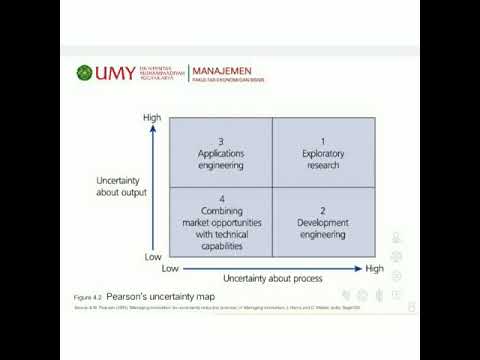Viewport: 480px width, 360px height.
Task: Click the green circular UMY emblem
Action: (84, 73)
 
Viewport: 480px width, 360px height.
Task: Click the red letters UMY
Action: (109, 73)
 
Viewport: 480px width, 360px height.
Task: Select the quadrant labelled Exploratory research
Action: (323, 153)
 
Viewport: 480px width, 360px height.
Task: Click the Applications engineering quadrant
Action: (220, 153)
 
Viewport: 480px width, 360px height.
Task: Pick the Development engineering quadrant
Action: (323, 222)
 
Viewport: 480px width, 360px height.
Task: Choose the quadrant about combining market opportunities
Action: (220, 222)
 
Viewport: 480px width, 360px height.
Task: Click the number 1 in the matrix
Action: (323, 141)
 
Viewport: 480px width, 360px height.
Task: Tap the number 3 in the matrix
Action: (220, 141)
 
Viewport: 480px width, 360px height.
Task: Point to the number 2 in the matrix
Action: (323, 210)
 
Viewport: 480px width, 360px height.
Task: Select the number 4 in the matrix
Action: (220, 198)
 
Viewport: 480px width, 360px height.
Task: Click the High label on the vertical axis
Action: (152, 118)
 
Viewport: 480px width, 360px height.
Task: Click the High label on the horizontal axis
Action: (375, 268)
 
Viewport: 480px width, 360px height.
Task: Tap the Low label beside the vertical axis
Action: (153, 257)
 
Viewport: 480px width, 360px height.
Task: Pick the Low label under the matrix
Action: (170, 268)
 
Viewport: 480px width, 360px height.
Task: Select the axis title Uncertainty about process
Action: (271, 276)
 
